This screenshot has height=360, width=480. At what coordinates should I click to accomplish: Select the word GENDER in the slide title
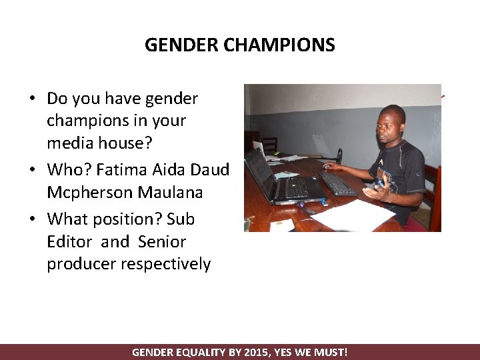182,45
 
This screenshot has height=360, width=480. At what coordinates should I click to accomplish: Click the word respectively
165,264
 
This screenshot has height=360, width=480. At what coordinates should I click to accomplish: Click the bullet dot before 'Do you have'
32,99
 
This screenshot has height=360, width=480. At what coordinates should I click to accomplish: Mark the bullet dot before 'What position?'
32,219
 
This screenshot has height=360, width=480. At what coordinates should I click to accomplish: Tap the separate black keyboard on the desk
337,183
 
